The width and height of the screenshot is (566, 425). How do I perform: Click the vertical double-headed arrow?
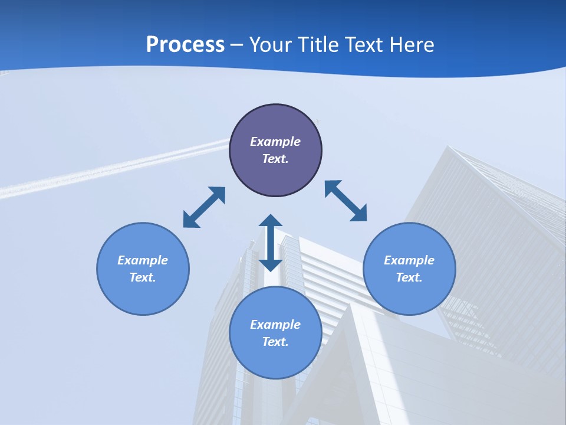(271, 243)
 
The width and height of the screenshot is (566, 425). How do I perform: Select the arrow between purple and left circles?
(205, 207)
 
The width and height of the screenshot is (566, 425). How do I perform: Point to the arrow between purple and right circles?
(346, 201)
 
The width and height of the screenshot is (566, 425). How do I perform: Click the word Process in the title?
(185, 44)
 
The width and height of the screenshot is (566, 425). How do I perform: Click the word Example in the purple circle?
(275, 142)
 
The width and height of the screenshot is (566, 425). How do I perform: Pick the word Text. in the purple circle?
(275, 159)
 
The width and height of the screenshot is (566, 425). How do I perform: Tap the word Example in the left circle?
(143, 260)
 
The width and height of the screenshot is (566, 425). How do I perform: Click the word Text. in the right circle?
(409, 277)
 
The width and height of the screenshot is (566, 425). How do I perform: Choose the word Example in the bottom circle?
(275, 325)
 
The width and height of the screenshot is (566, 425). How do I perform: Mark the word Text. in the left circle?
(143, 277)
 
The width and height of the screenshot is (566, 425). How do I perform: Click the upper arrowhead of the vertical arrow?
(271, 222)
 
